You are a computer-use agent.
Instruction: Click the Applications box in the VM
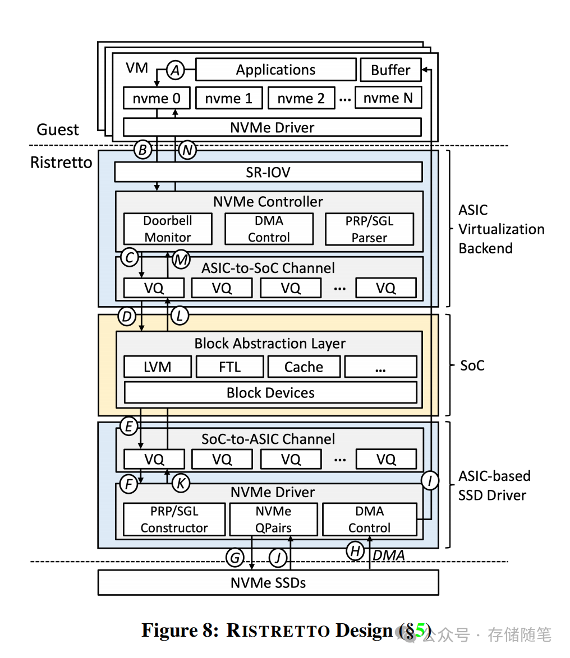point(275,70)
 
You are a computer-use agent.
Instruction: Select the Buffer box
point(390,70)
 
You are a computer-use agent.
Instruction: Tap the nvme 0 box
point(157,99)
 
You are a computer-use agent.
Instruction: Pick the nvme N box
point(388,98)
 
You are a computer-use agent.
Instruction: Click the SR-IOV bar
point(268,172)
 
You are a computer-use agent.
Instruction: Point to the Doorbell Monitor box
point(167,229)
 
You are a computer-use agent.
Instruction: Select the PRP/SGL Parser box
point(369,229)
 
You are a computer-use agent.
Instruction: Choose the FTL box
point(229,367)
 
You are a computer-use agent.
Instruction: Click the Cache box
point(304,367)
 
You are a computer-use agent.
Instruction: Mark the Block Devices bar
point(270,393)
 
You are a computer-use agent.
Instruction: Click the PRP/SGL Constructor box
point(174,520)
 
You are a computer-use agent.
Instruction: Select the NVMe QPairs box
point(273,520)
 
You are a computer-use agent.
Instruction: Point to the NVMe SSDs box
point(268,583)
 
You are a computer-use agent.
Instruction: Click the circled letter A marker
point(176,71)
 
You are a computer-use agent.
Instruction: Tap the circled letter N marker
point(187,150)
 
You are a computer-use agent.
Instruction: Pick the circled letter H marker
point(355,551)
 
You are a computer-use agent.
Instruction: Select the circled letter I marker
point(430,480)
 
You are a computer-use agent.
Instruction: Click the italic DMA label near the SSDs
point(389,555)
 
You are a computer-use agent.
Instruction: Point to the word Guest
point(58,130)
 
